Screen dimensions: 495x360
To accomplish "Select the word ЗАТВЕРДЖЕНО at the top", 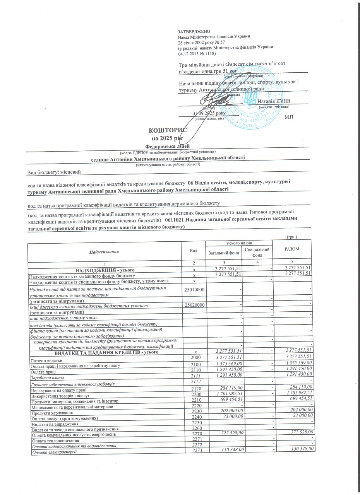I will (x=194, y=31).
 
